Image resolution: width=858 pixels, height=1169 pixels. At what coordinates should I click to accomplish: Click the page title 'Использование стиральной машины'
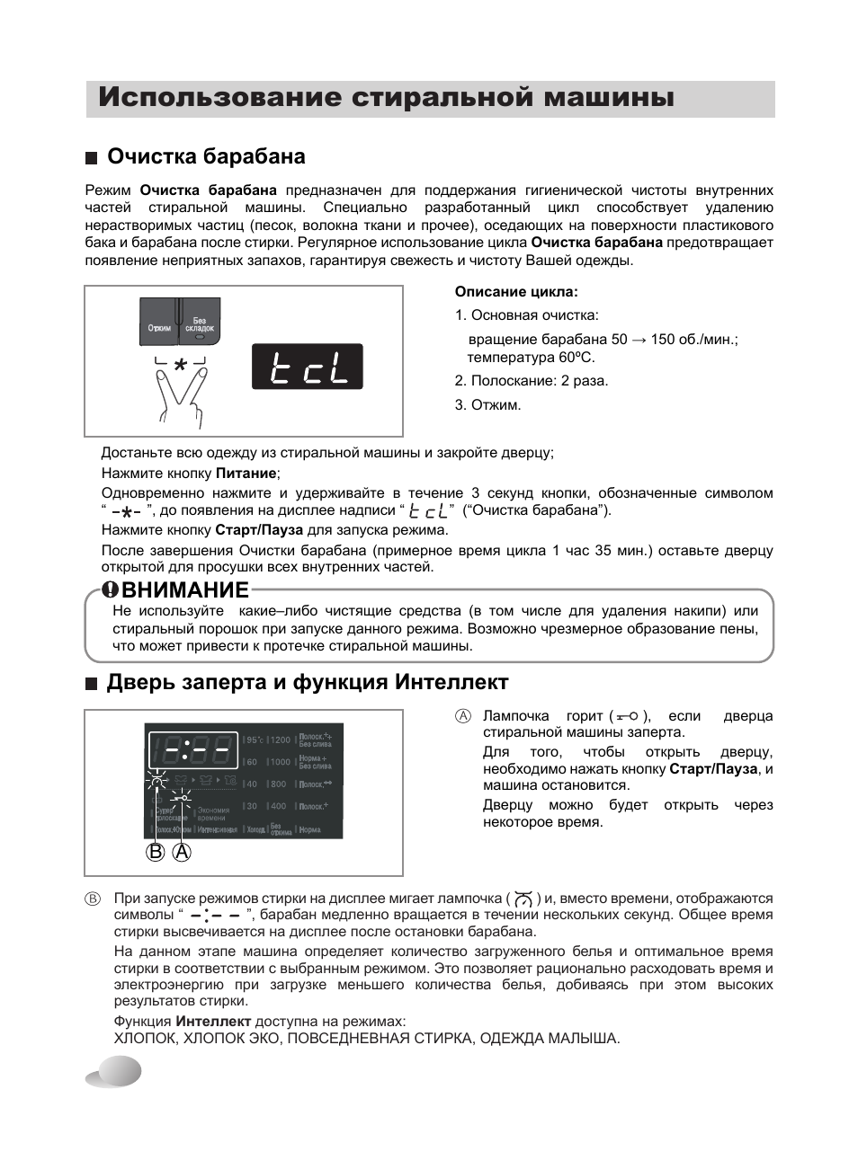click(386, 98)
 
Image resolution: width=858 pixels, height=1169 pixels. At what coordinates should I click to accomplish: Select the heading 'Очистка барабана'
click(206, 156)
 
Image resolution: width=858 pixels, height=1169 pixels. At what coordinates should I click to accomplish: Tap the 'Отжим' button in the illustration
click(159, 327)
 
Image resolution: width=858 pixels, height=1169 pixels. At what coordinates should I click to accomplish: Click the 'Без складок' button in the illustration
click(200, 325)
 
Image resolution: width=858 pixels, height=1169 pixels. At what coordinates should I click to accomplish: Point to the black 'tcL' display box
click(307, 367)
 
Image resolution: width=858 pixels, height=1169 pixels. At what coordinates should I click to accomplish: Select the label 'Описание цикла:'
click(516, 291)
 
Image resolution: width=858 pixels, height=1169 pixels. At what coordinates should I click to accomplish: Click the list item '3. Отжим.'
click(487, 404)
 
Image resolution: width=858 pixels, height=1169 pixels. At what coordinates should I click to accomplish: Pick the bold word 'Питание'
click(246, 473)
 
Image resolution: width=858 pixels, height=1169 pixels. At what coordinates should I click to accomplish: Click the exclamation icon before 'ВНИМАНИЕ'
click(110, 589)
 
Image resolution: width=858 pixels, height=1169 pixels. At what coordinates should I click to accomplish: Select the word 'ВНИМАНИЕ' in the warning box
click(185, 589)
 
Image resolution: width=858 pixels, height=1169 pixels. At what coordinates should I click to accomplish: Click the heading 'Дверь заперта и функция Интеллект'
click(308, 682)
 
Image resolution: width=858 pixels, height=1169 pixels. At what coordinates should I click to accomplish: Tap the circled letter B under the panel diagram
click(156, 852)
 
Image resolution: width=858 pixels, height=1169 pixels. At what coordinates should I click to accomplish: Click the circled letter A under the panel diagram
click(182, 852)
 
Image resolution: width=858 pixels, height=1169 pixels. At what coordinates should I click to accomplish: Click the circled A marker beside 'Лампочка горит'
click(462, 716)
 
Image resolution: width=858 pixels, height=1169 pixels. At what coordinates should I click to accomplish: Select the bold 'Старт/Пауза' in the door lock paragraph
click(713, 768)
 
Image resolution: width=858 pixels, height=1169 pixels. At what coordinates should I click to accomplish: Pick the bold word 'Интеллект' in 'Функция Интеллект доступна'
click(213, 1021)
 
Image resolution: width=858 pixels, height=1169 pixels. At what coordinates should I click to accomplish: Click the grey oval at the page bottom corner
click(114, 1072)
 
